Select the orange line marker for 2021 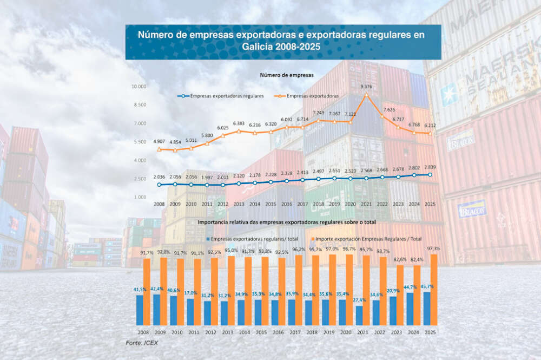366,95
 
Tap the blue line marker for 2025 430,174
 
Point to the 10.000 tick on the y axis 139,87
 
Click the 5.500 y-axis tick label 139,142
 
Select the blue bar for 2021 359,315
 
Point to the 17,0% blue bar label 190,293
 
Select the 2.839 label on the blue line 430,167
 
